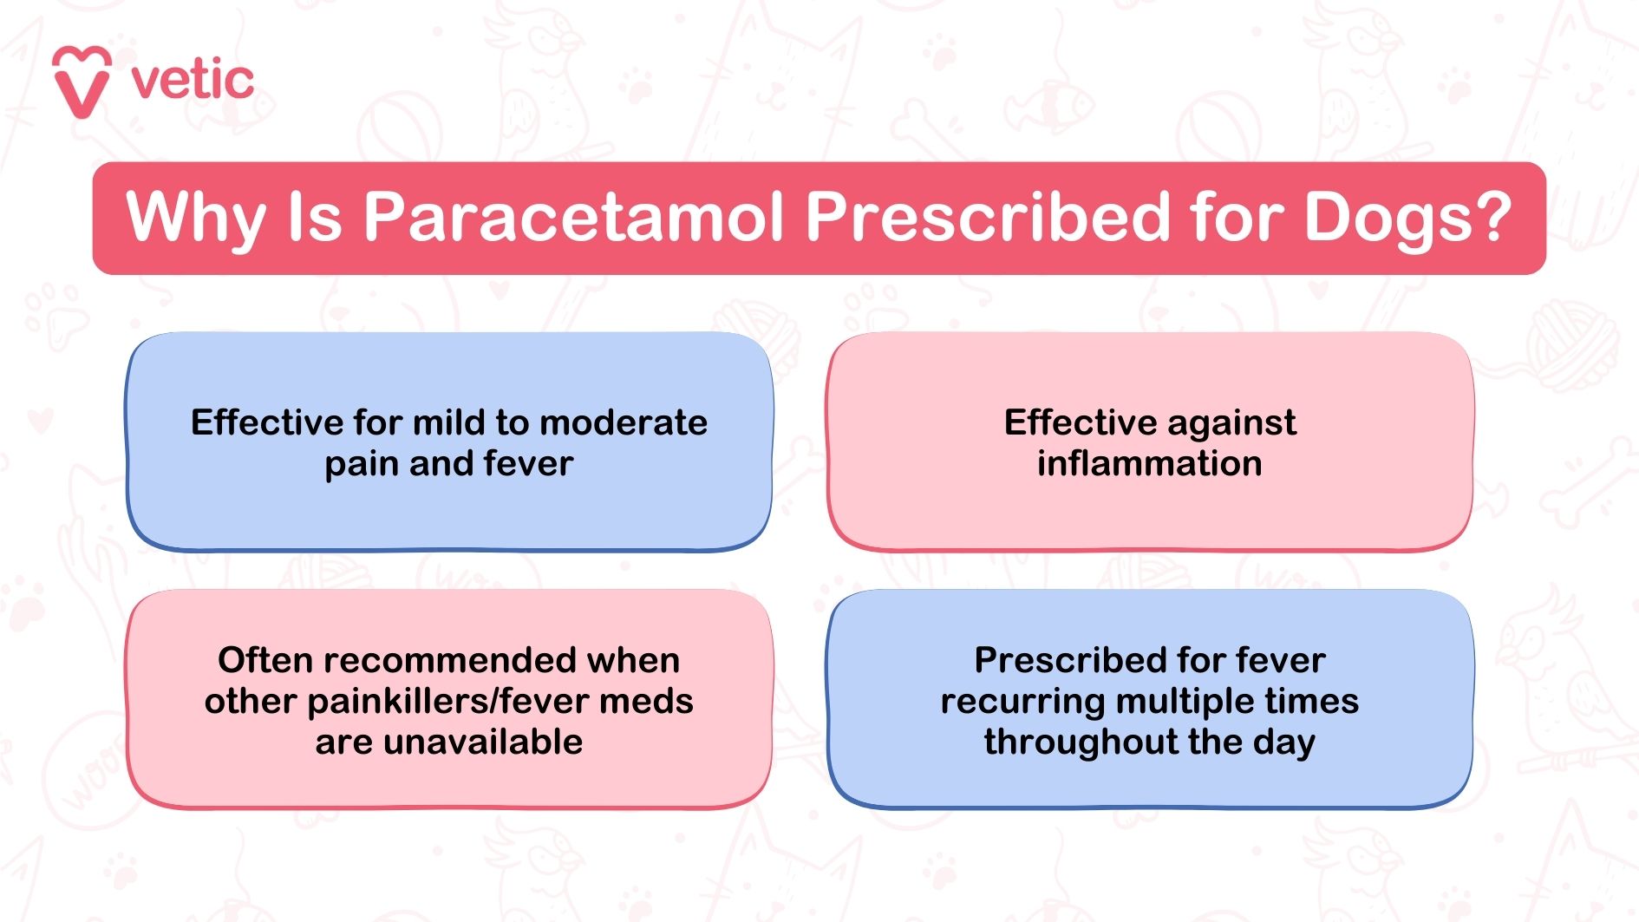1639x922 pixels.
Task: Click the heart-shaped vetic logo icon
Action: click(82, 82)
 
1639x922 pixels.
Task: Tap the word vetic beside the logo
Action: click(193, 81)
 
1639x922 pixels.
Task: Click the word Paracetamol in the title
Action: click(573, 217)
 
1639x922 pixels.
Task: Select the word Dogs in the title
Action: click(1388, 217)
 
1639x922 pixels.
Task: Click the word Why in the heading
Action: click(195, 217)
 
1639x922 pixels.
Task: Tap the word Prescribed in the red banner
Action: click(988, 217)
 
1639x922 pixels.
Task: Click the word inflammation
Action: click(1149, 463)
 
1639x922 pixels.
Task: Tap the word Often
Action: click(265, 660)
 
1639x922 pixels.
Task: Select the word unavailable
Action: click(482, 742)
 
